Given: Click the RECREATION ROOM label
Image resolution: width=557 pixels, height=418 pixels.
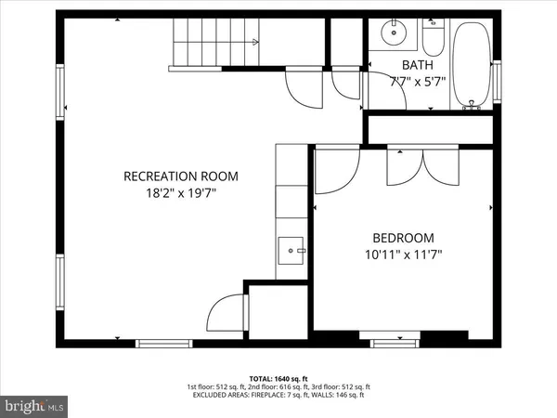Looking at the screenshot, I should point(182,176).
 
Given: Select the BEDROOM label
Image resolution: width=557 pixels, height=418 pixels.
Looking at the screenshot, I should point(403,238).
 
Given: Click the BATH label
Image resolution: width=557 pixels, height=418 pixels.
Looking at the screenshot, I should point(416,64).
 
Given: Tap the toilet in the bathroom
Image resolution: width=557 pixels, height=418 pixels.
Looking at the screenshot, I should point(434,39).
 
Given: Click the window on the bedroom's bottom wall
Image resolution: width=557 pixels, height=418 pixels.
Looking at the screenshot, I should point(398,344).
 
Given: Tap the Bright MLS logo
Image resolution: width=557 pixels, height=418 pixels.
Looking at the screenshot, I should point(35,405).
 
